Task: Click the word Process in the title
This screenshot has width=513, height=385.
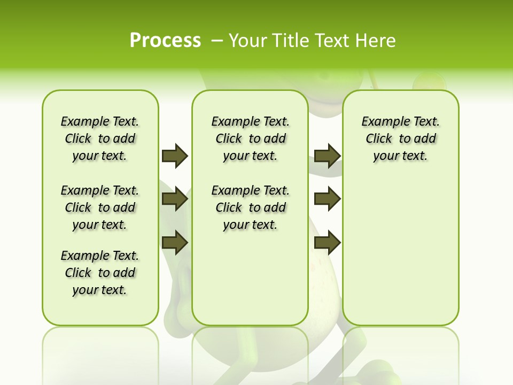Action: coord(165,41)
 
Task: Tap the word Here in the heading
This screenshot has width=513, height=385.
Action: coord(377,41)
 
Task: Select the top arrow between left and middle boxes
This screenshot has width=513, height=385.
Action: coord(175,156)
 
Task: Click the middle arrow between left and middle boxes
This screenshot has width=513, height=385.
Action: coord(175,199)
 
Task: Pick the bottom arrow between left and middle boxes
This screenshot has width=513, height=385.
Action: coord(175,242)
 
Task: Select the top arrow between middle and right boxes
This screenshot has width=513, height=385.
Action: coord(327,156)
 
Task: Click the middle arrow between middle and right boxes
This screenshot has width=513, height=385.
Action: coord(327,199)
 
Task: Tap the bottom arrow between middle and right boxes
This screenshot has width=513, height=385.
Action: coord(327,242)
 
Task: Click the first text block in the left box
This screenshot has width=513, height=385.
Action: coord(100,138)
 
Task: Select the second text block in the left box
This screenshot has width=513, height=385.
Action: coord(100,207)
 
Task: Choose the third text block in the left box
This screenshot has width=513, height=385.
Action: coord(100,273)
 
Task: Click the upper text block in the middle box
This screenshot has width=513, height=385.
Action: coord(250,138)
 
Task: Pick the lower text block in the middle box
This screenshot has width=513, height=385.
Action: coord(250,207)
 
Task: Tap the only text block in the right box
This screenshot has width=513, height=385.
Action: coord(400,138)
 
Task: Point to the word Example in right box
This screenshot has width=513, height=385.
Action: coord(381,122)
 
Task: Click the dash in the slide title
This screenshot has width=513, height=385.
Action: coord(217,41)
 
